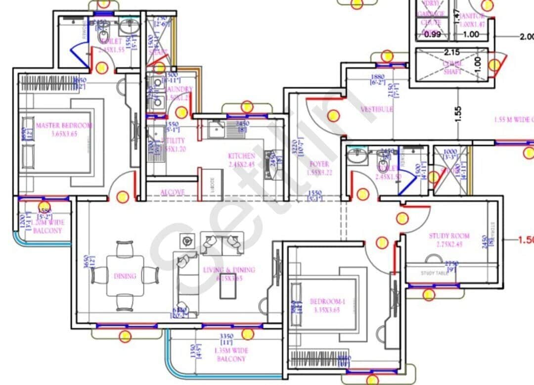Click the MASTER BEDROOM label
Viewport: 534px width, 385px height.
coord(64,125)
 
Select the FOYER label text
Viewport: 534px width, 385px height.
coord(319,164)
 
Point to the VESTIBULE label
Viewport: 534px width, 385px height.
coord(377,109)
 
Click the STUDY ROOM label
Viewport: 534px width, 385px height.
coord(449,236)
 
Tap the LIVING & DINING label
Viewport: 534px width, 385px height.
coord(229,270)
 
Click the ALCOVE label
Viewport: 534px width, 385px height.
coord(173,192)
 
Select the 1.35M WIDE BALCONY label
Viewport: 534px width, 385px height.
coord(231,354)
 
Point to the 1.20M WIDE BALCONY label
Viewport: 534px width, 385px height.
coord(48,227)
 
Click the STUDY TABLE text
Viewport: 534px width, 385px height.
coord(435,273)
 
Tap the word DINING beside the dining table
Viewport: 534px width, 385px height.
coord(125,276)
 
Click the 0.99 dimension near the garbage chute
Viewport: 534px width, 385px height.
coord(432,34)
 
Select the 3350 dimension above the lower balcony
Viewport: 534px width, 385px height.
coord(226,337)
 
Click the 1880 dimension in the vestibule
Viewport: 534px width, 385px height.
coord(378,77)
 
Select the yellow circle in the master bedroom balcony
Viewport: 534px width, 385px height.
coord(44,207)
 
